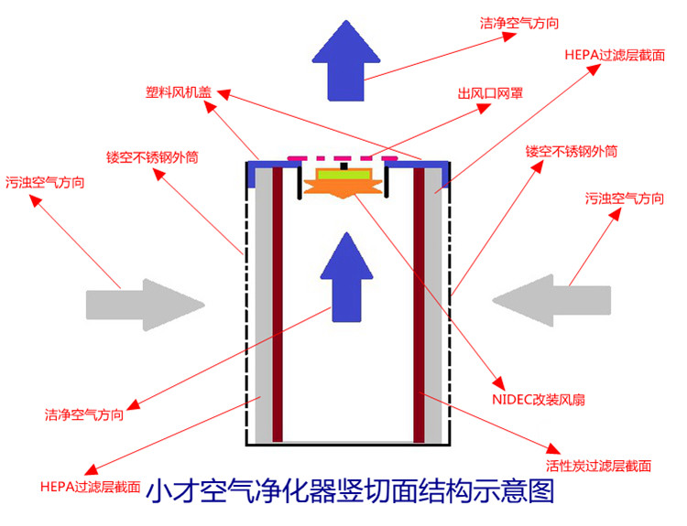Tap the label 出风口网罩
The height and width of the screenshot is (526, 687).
(x=490, y=92)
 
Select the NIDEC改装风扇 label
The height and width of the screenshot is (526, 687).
(x=539, y=399)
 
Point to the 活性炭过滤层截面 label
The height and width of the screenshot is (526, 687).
(x=599, y=465)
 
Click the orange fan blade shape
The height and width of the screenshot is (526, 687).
(x=343, y=188)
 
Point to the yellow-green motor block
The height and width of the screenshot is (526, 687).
(x=343, y=173)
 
